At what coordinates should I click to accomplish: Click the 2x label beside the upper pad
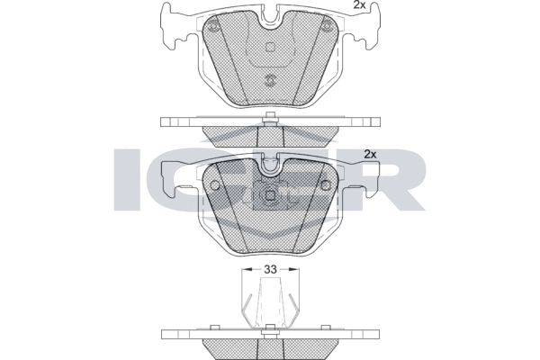click(x=359, y=4)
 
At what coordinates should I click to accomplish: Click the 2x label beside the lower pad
click(x=370, y=154)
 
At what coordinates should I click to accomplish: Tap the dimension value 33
click(x=270, y=269)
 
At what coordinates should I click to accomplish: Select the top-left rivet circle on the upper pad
click(x=213, y=26)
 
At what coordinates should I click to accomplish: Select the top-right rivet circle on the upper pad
click(x=326, y=26)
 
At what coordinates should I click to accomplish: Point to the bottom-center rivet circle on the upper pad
click(x=270, y=80)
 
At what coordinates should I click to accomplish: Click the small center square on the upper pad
click(x=270, y=47)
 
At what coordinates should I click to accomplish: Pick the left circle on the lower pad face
click(x=215, y=185)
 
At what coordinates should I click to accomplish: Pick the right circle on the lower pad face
click(x=325, y=185)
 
